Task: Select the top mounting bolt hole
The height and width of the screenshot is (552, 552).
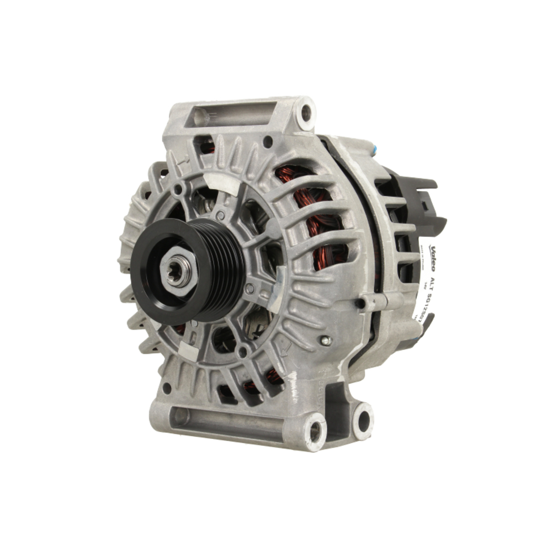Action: [x=305, y=114]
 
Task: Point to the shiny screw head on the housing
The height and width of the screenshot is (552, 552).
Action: [x=326, y=341]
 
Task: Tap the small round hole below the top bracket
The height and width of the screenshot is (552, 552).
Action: [x=267, y=141]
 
